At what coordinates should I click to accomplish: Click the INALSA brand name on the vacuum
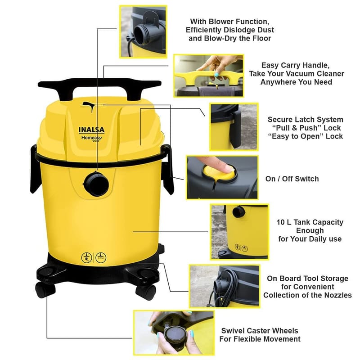92,130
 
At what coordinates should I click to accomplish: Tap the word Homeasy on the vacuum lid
92,138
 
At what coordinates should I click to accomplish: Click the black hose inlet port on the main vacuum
96,184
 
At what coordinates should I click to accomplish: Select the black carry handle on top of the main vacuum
99,88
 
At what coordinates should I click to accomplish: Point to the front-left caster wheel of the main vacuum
45,289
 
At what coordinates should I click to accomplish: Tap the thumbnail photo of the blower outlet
143,31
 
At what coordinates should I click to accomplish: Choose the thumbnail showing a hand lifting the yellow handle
209,76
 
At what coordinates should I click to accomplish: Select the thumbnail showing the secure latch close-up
234,127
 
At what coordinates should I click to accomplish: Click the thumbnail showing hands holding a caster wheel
174,333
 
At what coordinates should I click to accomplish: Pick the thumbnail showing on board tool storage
225,286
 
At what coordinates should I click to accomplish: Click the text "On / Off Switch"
292,179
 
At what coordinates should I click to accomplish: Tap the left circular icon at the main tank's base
86,257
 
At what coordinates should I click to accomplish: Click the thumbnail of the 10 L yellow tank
240,232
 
